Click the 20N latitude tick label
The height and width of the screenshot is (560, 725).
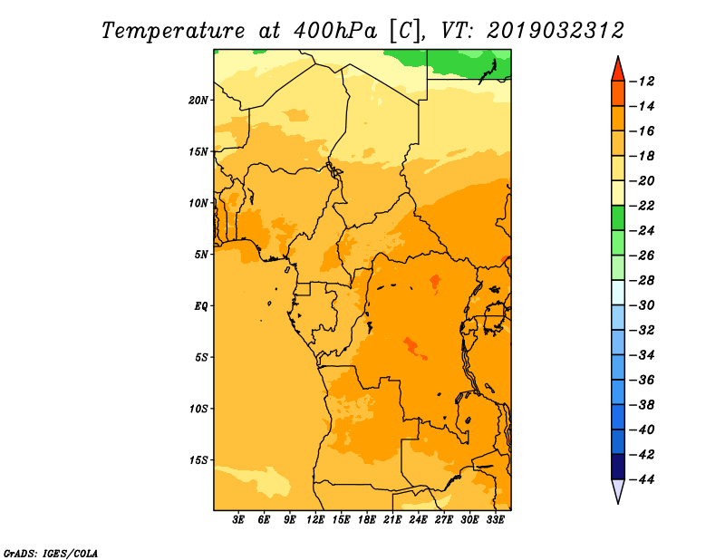coord(198,101)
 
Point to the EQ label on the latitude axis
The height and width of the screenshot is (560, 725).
coord(200,306)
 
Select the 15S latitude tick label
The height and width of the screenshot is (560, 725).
coord(198,460)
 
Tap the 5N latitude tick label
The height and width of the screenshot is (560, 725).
coord(200,255)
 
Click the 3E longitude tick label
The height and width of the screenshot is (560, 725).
coord(238,520)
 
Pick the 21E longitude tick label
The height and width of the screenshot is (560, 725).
coord(392,520)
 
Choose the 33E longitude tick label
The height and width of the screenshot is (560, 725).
coord(495,520)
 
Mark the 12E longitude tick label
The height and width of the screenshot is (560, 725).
coord(314,520)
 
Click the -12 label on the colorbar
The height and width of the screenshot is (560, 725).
coord(643,82)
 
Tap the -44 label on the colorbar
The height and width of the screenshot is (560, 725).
coord(643,479)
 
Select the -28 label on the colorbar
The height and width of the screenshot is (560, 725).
coord(643,281)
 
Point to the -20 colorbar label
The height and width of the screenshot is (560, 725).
coord(643,181)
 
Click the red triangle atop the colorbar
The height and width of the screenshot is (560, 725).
coord(618,71)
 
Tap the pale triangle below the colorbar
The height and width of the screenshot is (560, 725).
coord(618,489)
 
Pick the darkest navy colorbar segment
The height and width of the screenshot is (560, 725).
coord(618,467)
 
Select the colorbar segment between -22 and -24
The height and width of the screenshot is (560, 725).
coord(618,218)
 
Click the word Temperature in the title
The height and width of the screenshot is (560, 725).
coord(173,31)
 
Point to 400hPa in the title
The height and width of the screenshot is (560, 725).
coord(334,31)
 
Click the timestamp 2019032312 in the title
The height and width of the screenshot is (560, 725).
coord(556,31)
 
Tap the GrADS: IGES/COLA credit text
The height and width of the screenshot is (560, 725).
coord(51,554)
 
